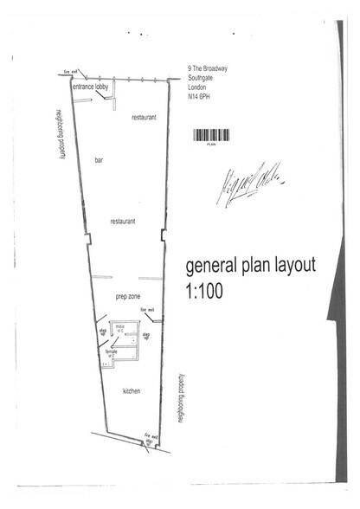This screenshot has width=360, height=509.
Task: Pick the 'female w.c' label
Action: pos(112,354)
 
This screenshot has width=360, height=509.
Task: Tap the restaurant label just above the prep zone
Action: pos(123,222)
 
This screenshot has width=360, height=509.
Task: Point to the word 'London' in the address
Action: pos(200,88)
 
